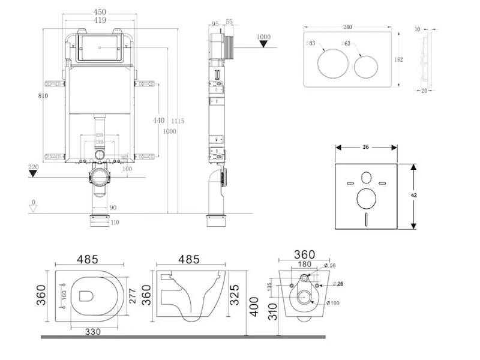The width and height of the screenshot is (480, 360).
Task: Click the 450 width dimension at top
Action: click(x=100, y=11)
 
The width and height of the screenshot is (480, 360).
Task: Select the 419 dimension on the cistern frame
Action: click(x=100, y=20)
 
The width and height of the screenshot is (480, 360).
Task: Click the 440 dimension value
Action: click(x=158, y=120)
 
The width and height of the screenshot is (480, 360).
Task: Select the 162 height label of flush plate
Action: click(x=399, y=59)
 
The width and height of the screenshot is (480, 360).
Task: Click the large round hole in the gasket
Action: click(x=366, y=199)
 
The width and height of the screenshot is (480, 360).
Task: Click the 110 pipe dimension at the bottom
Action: click(x=114, y=222)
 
